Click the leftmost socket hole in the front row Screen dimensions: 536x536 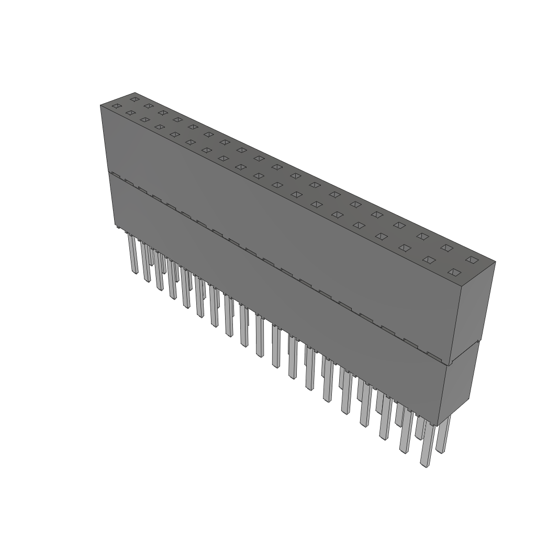tap(117, 106)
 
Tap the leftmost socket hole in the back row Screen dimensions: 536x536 tap(135, 99)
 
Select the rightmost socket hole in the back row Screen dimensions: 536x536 tap(472, 260)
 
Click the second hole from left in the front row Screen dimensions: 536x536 tap(130, 113)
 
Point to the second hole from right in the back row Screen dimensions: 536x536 tap(446, 248)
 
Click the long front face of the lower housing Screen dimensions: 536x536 tap(277, 293)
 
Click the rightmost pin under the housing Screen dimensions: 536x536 tap(443, 434)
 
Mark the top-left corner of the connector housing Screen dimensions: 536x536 tap(100, 105)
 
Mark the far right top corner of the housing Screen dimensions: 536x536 tap(495, 262)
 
